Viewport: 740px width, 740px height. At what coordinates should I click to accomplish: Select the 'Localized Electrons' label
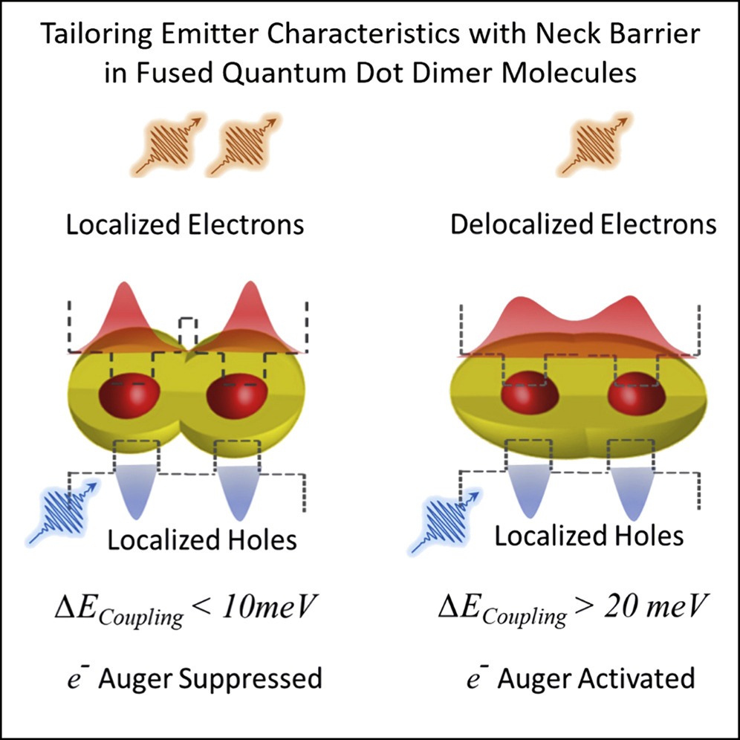(185, 224)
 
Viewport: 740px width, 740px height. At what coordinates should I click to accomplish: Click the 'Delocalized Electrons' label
(583, 224)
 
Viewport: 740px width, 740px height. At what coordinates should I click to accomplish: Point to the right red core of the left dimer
(232, 397)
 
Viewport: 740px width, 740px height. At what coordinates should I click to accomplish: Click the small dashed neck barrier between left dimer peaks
(188, 333)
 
